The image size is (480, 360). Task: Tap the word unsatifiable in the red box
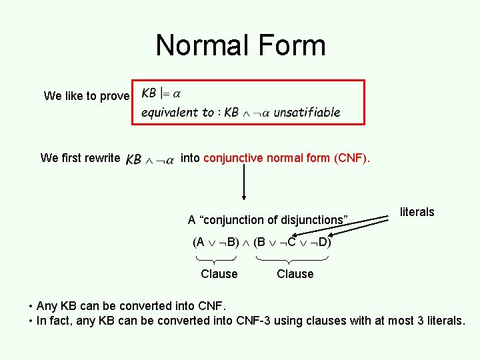[x=307, y=112]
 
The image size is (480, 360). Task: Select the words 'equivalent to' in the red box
[x=177, y=112]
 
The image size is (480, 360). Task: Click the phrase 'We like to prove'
[x=86, y=96]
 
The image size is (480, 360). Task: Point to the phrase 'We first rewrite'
[x=80, y=158]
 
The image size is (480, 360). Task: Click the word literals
[x=417, y=212]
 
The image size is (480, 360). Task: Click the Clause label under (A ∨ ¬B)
[x=219, y=273]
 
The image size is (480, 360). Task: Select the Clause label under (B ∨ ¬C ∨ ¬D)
[x=295, y=273]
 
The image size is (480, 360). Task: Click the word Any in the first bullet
[x=47, y=306]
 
